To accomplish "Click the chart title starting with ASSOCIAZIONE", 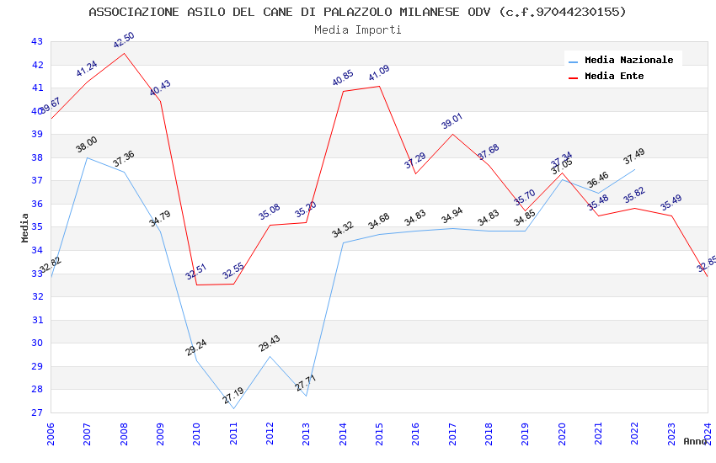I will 357,12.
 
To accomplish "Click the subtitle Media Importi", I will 357,29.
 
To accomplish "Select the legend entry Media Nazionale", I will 628,60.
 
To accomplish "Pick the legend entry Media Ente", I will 614,76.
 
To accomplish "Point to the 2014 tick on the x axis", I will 343,434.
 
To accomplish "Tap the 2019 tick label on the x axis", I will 525,434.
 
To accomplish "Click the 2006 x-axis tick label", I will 51,434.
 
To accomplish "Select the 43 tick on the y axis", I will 36,41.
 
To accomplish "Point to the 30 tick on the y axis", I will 36,343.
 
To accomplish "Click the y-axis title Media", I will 25,227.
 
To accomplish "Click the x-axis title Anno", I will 695,441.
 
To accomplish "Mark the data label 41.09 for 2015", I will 379,74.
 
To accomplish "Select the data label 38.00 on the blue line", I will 87,145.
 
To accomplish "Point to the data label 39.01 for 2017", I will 452,121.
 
